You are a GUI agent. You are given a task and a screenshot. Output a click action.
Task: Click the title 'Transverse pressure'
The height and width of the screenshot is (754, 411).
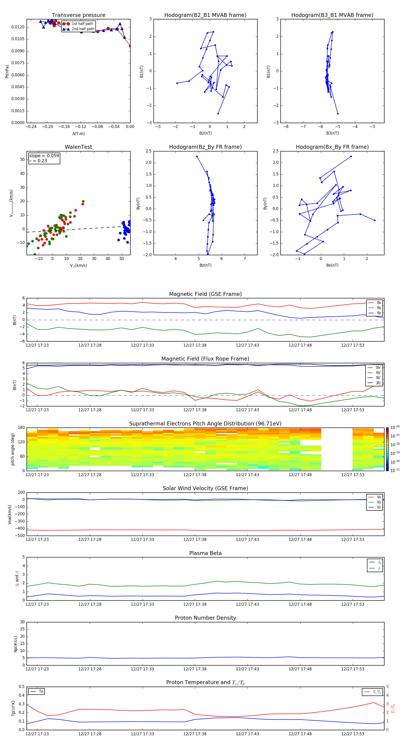(x=78, y=15)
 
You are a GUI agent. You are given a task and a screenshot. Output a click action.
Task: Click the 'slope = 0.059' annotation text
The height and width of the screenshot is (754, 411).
(x=44, y=156)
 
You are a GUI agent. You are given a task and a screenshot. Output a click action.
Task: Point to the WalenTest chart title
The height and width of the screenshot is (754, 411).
(x=78, y=147)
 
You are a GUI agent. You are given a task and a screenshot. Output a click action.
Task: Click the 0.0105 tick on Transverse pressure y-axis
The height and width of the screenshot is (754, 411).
(x=18, y=39)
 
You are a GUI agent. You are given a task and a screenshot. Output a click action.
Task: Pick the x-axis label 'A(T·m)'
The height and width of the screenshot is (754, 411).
(x=78, y=134)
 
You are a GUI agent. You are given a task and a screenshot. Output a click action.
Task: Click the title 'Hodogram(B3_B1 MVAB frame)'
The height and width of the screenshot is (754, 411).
(x=332, y=15)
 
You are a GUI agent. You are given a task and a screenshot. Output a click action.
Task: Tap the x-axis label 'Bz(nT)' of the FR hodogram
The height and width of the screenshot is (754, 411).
(x=205, y=265)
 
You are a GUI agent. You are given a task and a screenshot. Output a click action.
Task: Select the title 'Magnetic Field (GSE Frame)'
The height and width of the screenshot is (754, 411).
(x=205, y=294)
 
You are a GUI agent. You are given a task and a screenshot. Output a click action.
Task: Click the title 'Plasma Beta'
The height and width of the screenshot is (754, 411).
(x=205, y=553)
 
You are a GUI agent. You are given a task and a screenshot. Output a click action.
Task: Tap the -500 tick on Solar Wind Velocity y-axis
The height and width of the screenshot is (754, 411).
(x=21, y=536)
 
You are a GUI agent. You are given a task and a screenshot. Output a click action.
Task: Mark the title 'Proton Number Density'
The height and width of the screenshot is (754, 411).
(x=205, y=618)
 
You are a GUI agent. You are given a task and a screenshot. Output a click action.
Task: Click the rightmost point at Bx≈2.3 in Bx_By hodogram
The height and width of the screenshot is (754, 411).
(x=375, y=220)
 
